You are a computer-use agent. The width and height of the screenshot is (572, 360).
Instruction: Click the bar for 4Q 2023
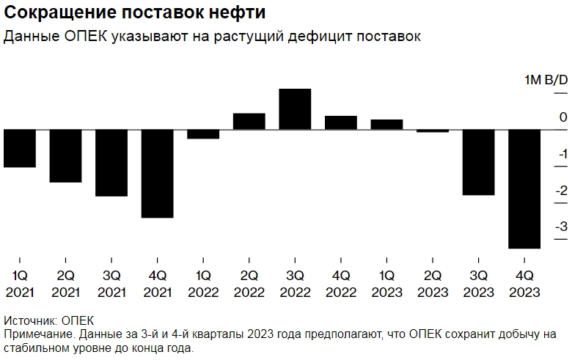(524, 189)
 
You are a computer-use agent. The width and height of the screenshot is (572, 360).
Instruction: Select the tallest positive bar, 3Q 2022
(295, 109)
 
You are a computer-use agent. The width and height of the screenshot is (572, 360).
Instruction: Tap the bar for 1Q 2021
(20, 149)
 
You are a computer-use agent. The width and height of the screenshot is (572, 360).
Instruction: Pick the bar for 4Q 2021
(157, 174)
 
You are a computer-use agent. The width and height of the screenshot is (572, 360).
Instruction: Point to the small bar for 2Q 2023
(433, 131)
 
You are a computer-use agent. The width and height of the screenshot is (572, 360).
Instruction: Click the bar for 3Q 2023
(478, 163)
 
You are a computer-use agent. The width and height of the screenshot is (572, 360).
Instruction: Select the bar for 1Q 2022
(203, 134)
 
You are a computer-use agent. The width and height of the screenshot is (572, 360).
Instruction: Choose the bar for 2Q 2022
(249, 122)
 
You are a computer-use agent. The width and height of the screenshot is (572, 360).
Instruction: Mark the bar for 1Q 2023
(386, 125)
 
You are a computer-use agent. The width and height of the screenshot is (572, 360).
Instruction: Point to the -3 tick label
(562, 227)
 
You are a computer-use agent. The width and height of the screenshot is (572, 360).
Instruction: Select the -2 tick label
(562, 191)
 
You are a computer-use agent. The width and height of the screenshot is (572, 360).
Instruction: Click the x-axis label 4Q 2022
(340, 284)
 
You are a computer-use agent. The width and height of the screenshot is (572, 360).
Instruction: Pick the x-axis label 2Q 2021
(65, 284)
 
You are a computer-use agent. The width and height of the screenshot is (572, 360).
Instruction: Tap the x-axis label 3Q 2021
(111, 284)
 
